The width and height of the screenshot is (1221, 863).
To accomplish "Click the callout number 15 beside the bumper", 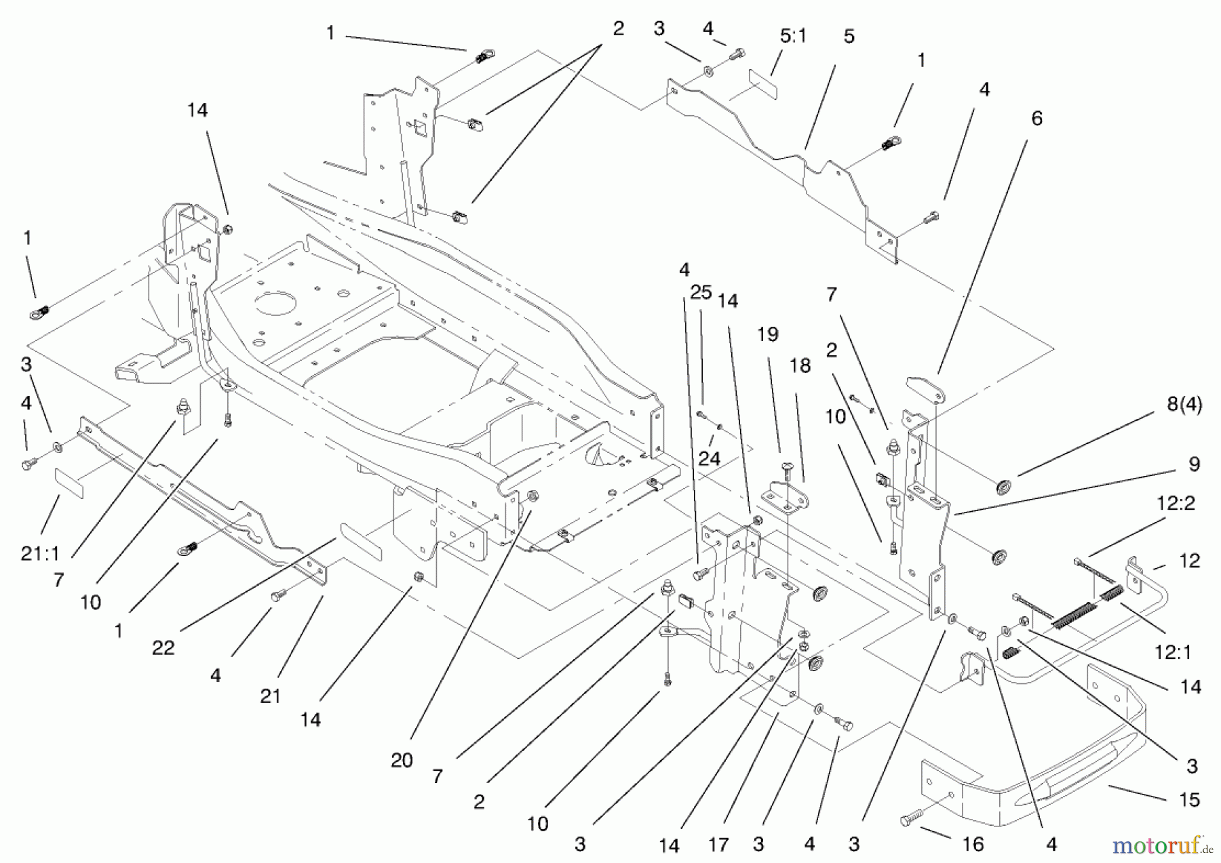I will click(1189, 800).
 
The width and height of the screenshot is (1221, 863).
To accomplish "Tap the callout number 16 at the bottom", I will click(973, 844).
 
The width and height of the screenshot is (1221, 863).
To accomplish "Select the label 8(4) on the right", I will click(1184, 405).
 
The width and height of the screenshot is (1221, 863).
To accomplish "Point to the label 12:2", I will click(1176, 503).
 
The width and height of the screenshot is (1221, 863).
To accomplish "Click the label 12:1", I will click(1173, 651).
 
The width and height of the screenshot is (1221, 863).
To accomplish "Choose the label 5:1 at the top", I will click(793, 35).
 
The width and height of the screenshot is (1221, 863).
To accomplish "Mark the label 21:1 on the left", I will click(40, 554).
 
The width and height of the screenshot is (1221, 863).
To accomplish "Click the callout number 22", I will click(163, 648).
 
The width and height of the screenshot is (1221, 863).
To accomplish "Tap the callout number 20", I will click(402, 761).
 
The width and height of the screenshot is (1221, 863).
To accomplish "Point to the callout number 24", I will click(709, 459).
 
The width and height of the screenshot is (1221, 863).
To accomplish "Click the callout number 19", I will click(768, 334).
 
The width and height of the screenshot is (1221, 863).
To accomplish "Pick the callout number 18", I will click(800, 366).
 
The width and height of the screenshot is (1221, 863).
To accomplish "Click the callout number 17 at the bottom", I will click(718, 845).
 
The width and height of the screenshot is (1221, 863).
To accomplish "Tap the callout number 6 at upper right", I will click(1036, 119).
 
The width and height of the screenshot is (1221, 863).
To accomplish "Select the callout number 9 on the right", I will click(1195, 464).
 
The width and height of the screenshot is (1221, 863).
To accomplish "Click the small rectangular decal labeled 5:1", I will click(764, 80).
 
